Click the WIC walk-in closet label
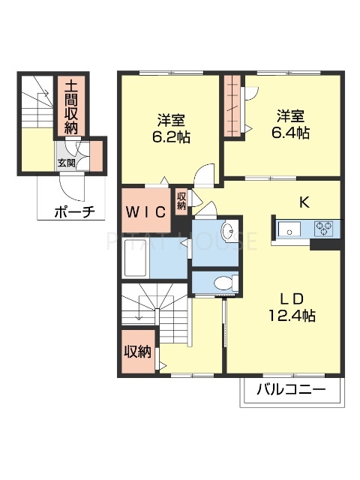tap(145, 211)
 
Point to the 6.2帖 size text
tap(171, 138)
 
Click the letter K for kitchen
tap(305, 201)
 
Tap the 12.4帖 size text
tap(292, 316)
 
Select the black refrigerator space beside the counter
tap(324, 242)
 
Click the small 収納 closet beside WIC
tap(181, 200)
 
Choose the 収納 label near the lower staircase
tap(139, 351)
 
